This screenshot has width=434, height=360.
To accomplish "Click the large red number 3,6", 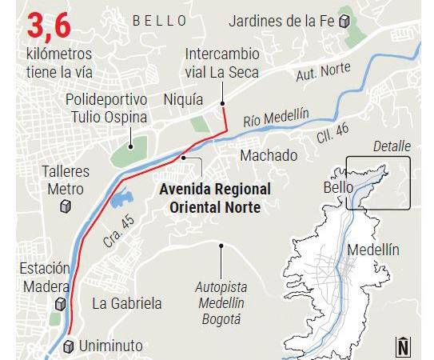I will [49, 26].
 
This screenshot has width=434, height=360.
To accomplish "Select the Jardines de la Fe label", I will [281, 21].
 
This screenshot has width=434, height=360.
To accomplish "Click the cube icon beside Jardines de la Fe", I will [344, 22].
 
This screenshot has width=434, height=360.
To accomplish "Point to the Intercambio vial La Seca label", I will [222, 62].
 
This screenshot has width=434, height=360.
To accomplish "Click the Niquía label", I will [178, 100].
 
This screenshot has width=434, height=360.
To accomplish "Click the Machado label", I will [269, 154].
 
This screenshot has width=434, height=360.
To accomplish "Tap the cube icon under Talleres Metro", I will [66, 206].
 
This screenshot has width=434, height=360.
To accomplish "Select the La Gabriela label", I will [127, 303].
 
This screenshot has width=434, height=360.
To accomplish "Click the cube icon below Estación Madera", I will [59, 304].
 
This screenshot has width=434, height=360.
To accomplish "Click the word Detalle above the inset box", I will [392, 146].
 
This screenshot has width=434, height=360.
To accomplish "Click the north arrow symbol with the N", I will [404, 345].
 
